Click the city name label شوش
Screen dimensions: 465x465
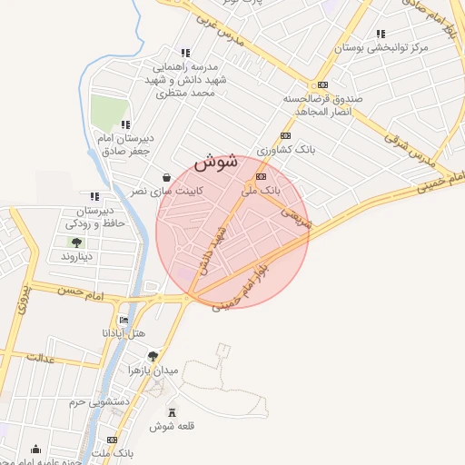click(x=216, y=163)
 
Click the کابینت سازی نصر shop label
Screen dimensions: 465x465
click(x=165, y=192)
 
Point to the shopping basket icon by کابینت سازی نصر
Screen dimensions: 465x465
click(x=166, y=178)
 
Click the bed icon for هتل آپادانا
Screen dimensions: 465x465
click(x=124, y=321)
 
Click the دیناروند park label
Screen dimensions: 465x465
click(x=78, y=257)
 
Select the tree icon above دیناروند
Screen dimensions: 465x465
click(x=77, y=242)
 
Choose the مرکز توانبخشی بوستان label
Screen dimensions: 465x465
click(x=379, y=48)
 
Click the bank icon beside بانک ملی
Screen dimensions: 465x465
click(x=262, y=176)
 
